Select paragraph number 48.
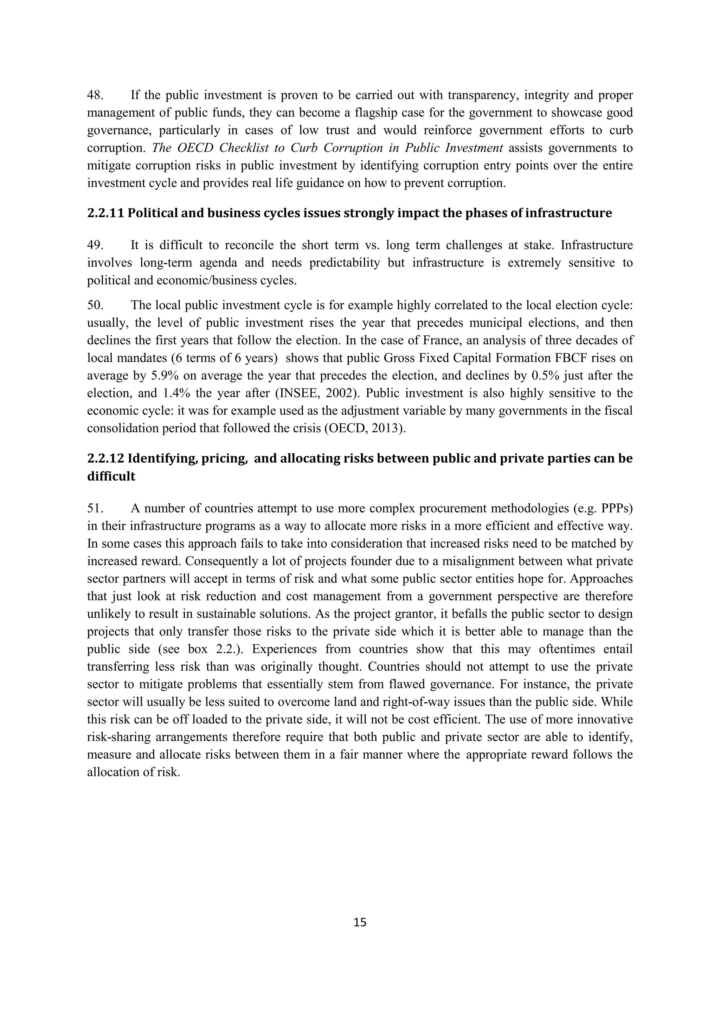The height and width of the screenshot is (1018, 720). click(x=95, y=95)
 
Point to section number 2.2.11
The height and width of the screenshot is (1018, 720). click(x=105, y=213)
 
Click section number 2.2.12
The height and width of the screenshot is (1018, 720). click(x=105, y=458)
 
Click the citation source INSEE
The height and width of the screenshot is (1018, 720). click(x=294, y=393)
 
